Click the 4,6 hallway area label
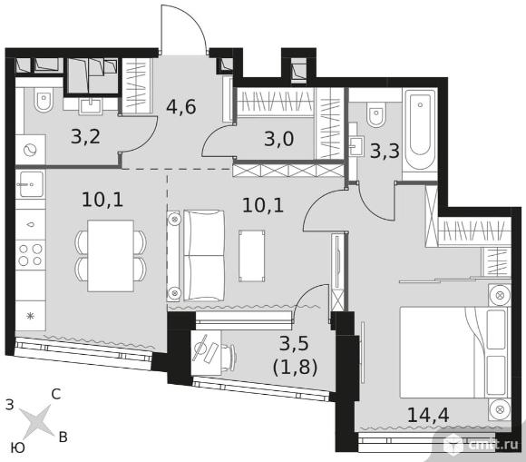click(x=181, y=106)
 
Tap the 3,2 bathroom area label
click(x=85, y=137)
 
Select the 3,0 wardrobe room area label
click(x=278, y=139)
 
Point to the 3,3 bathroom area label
click(x=385, y=151)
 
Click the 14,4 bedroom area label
click(x=428, y=415)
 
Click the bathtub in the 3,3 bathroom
click(x=420, y=131)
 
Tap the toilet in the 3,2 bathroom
click(x=44, y=99)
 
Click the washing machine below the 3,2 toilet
click(x=31, y=150)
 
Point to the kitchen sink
click(x=31, y=184)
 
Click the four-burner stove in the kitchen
click(x=31, y=254)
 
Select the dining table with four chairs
click(x=111, y=256)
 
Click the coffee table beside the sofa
click(x=251, y=256)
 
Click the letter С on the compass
click(x=55, y=394)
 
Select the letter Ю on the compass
click(x=18, y=447)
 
